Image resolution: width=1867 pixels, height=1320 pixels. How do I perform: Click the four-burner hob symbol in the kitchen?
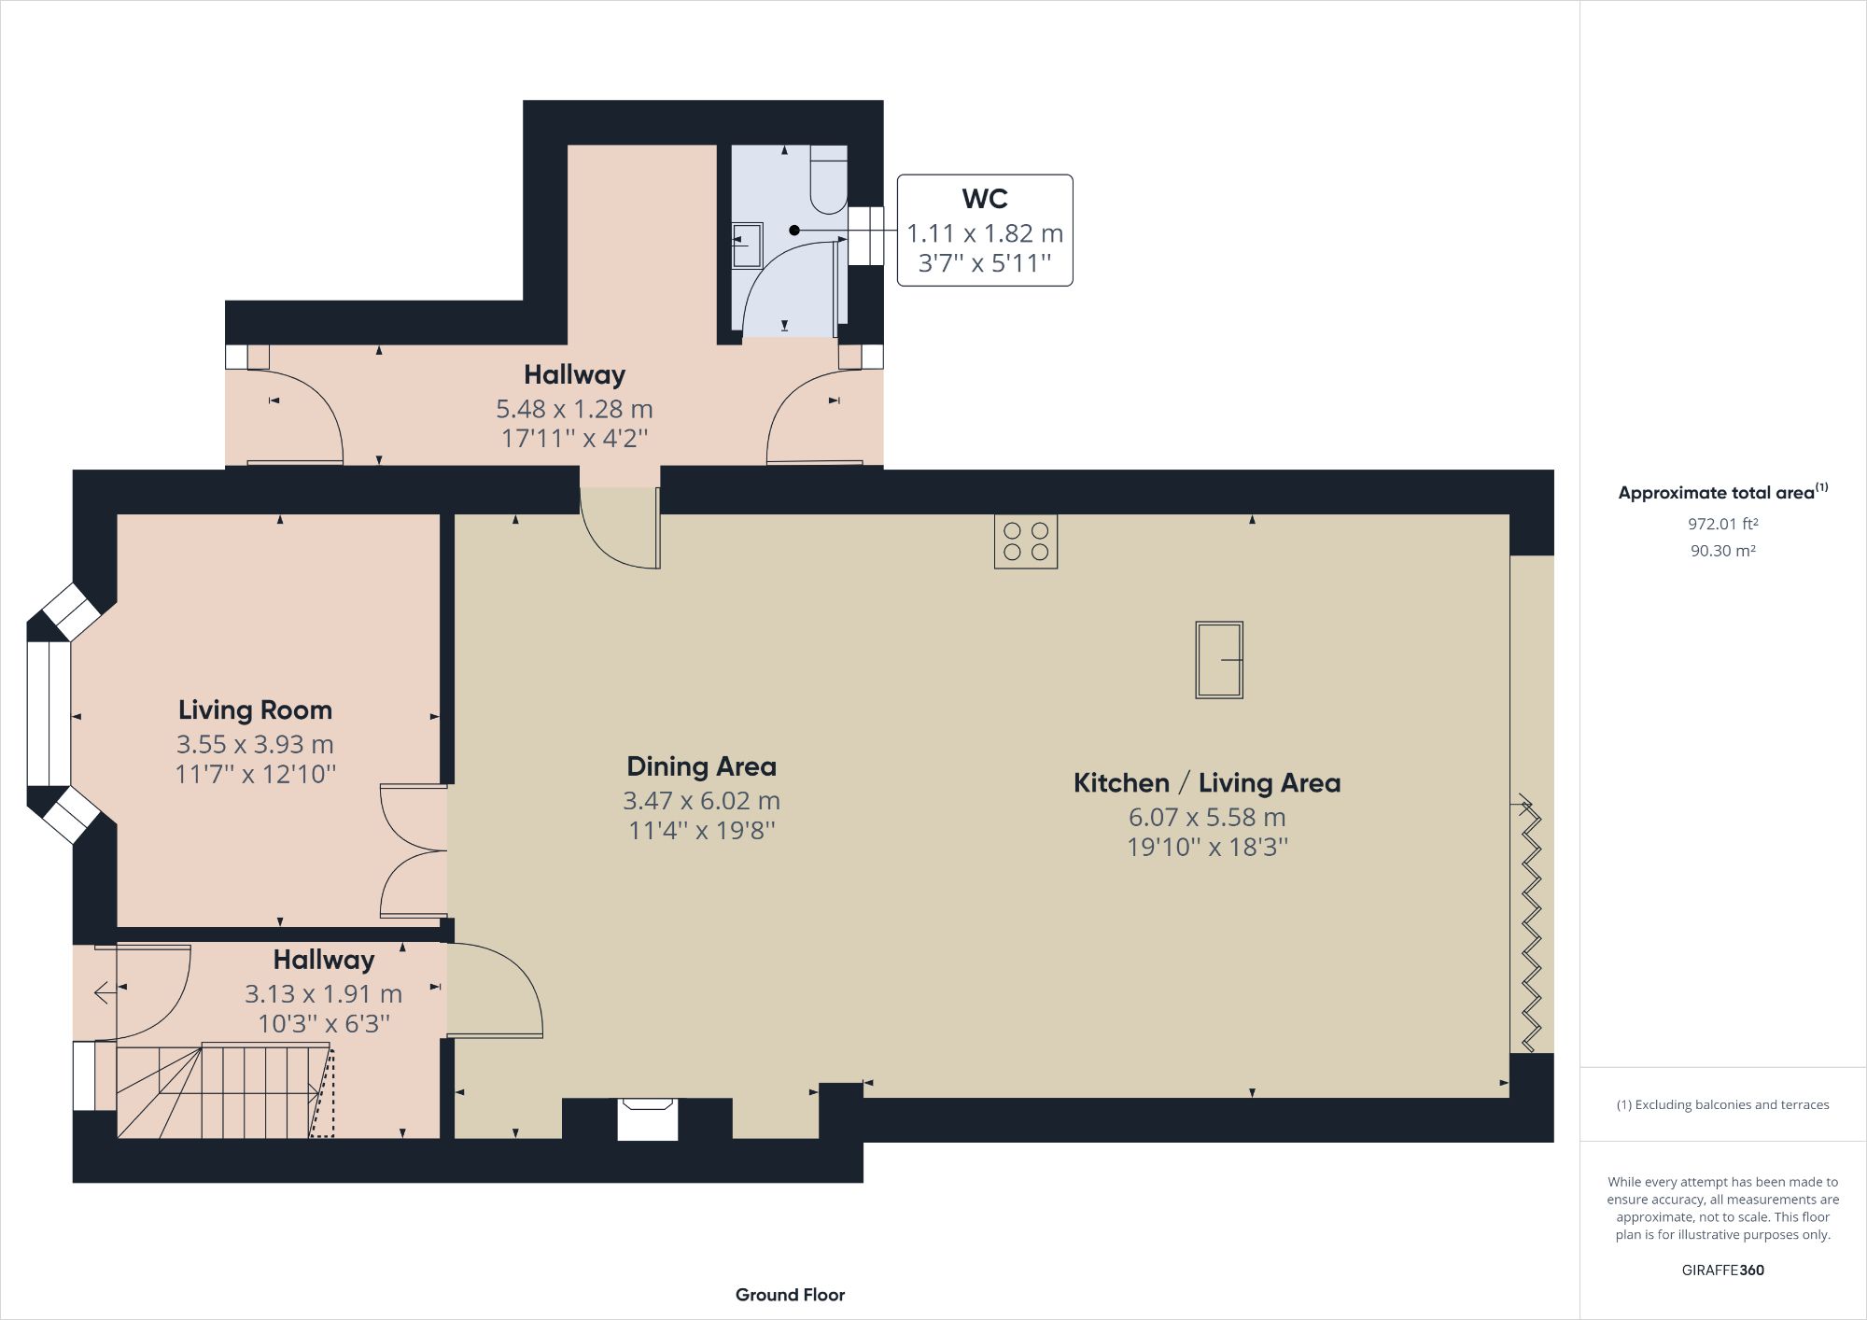pos(1025,541)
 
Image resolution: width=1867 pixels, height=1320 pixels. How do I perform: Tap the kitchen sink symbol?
pos(1219,660)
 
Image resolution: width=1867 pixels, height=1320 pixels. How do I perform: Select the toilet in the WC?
pos(828,179)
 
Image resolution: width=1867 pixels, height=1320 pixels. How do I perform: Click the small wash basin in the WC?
pos(747,245)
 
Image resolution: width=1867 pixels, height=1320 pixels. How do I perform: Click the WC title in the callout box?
pos(984,199)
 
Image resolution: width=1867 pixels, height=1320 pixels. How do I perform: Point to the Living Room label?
pos(255,710)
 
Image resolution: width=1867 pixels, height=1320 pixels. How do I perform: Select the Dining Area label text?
pos(701,766)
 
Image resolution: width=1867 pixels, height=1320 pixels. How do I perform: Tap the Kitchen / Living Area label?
pos(1206,783)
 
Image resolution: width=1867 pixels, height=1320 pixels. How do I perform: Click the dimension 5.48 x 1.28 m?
pos(573,409)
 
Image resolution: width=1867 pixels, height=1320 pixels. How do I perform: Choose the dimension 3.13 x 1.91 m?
pos(323,994)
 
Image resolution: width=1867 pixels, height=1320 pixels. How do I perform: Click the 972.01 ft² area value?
pos(1722,524)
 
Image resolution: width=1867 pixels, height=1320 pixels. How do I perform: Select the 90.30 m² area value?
pos(1722,551)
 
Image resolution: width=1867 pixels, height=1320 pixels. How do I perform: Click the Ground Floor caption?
pos(790,1295)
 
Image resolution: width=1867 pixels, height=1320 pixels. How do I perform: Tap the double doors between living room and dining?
pos(413,851)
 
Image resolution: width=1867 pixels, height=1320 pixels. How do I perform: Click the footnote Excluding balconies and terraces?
pos(1722,1104)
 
